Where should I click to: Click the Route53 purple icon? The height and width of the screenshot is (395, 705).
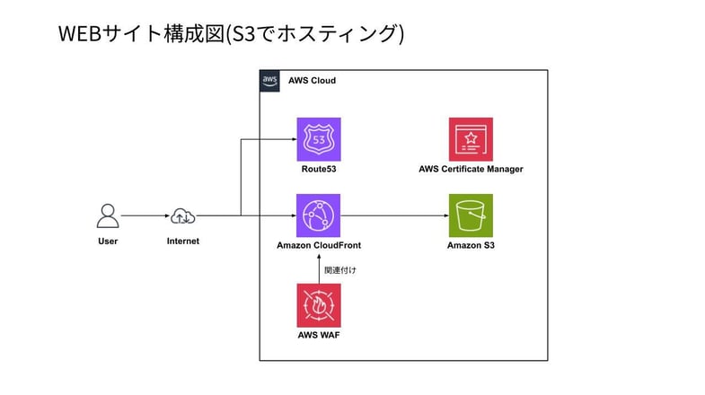(318, 139)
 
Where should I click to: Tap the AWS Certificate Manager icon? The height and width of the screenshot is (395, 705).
(471, 139)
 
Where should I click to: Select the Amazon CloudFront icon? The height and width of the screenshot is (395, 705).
(318, 215)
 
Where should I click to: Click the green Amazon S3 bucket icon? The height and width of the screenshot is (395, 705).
(471, 215)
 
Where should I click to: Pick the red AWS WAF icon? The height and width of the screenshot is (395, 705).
(318, 305)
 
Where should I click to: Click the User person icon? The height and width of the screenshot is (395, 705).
(108, 215)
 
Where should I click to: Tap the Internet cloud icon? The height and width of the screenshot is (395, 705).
(183, 215)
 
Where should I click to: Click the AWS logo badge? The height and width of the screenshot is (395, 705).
(270, 81)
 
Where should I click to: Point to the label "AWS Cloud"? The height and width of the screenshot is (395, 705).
(312, 81)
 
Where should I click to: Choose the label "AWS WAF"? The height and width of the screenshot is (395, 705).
(318, 336)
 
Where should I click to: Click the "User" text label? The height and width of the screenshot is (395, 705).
(108, 241)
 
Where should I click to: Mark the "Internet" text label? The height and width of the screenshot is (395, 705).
(183, 241)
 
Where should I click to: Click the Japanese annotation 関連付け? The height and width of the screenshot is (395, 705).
(340, 268)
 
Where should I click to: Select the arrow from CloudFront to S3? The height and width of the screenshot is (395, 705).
(394, 215)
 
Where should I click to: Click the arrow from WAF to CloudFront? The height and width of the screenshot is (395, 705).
(318, 268)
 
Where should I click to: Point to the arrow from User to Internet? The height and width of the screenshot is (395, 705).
(145, 215)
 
